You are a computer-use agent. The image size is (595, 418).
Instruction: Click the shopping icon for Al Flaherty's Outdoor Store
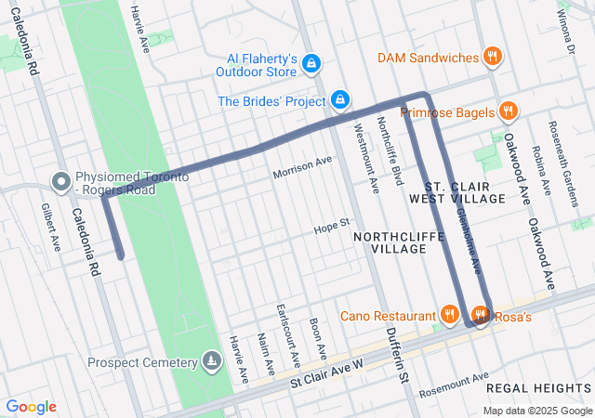click(x=311, y=63)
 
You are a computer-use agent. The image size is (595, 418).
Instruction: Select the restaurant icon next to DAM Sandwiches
click(x=493, y=58)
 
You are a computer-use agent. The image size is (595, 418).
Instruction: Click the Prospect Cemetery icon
click(x=213, y=361)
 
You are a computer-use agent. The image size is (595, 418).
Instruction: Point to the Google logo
click(x=31, y=407)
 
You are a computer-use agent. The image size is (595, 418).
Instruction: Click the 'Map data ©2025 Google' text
click(x=537, y=411)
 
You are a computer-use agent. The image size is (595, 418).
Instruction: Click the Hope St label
click(x=331, y=225)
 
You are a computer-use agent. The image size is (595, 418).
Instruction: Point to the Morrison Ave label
click(x=302, y=168)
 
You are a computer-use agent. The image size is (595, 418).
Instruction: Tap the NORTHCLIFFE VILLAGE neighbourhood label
click(x=390, y=243)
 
